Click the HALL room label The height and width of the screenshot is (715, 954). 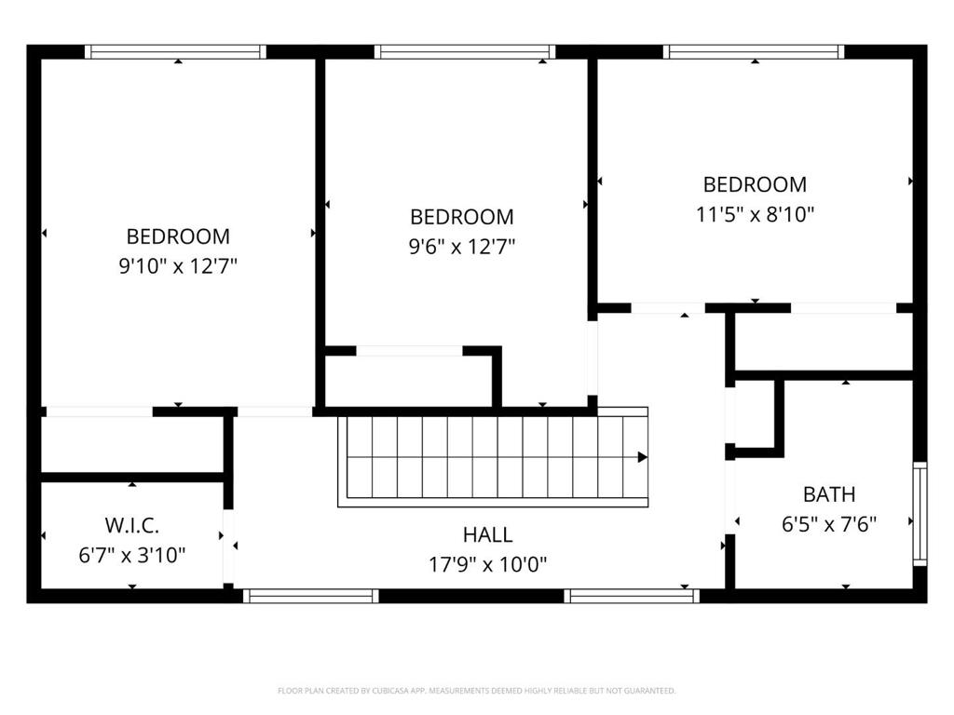tap(487, 535)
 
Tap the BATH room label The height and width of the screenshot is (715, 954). tap(828, 495)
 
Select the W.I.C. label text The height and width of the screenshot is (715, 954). tap(132, 525)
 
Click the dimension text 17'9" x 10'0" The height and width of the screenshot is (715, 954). tap(487, 565)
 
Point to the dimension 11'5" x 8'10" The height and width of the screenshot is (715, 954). tap(755, 215)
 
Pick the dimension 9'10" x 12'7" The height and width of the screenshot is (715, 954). tap(178, 266)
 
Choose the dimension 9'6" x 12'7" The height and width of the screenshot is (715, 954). tap(462, 247)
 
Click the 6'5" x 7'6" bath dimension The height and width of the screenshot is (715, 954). tap(828, 524)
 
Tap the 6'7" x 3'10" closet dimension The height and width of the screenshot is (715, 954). tap(132, 555)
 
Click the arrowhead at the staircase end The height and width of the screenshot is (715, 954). tap(643, 457)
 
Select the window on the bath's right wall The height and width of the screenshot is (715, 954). tap(920, 514)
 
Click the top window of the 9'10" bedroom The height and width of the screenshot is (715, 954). tap(175, 52)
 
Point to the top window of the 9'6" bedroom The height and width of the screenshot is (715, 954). tap(465, 52)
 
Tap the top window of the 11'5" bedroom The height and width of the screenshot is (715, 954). tap(754, 52)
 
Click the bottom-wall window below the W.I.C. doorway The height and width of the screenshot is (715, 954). tap(311, 596)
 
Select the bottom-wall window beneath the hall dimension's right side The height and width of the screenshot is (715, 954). tap(632, 596)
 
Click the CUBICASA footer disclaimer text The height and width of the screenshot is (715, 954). tap(476, 691)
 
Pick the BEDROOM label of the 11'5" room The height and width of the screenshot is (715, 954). tap(755, 185)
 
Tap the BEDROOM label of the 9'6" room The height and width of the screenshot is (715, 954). tap(462, 217)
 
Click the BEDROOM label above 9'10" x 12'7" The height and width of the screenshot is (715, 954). tap(178, 236)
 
